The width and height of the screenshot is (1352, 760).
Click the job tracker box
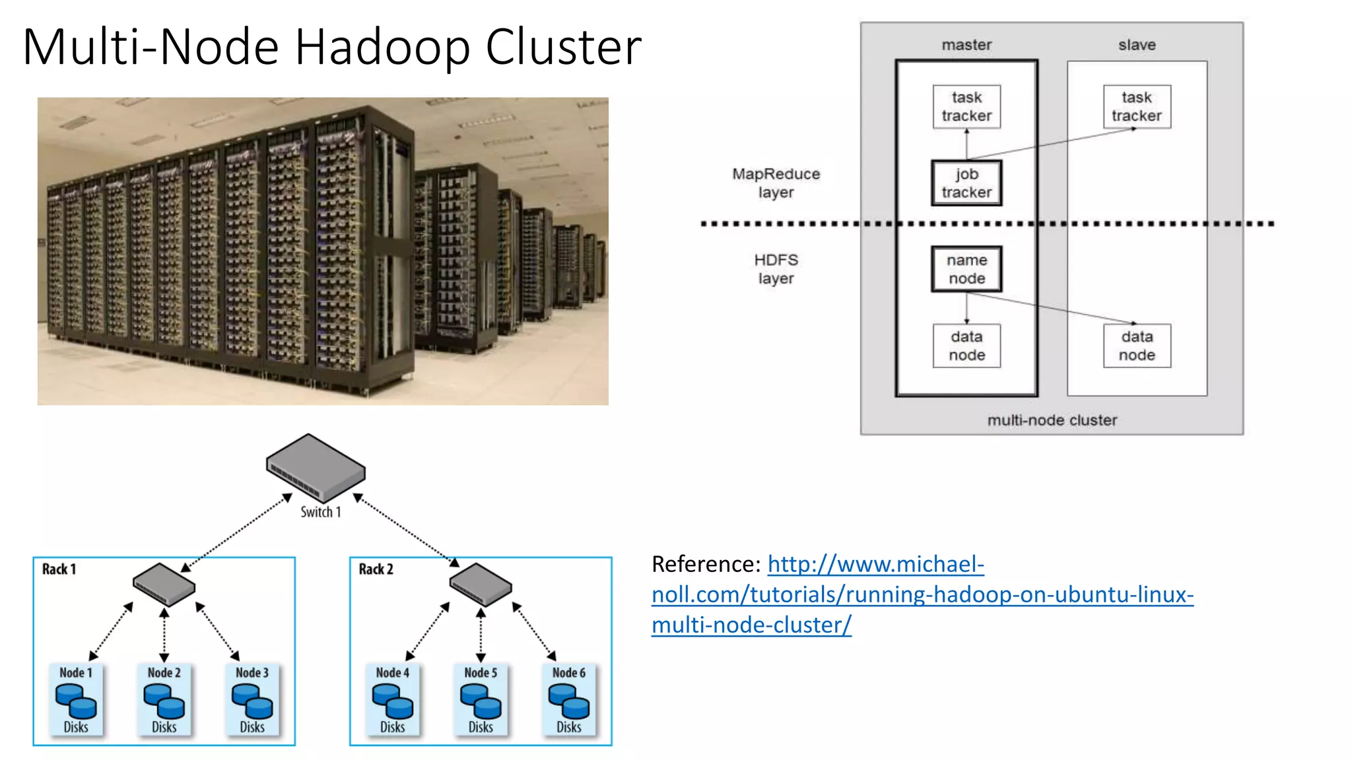(966, 183)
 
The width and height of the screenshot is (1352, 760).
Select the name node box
(966, 269)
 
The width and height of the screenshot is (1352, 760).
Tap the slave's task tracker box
(1136, 106)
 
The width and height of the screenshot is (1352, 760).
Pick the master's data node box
(966, 346)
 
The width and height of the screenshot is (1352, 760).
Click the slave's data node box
(1136, 346)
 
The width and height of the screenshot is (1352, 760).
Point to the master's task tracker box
(966, 106)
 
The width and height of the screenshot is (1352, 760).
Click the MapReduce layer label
(776, 183)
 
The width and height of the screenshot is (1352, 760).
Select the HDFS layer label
(776, 269)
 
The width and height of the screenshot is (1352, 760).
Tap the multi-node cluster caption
(1052, 420)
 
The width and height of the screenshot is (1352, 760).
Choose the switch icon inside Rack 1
(164, 585)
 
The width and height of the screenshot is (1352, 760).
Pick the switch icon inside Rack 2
(481, 585)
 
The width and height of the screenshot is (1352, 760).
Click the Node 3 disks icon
(252, 701)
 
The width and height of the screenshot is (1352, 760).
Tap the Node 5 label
(481, 672)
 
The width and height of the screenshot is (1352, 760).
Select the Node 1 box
(76, 699)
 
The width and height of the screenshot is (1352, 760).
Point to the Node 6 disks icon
(568, 701)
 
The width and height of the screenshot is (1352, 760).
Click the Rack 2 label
(376, 569)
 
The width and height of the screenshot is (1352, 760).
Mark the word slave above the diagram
(1136, 45)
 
